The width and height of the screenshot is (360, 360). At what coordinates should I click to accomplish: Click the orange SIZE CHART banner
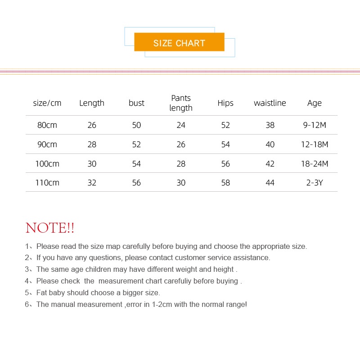179,42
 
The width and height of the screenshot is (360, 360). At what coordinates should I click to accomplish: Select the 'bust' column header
136,103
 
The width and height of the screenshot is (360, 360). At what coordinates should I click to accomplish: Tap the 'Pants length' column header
181,103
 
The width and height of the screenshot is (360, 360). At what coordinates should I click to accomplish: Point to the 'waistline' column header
270,103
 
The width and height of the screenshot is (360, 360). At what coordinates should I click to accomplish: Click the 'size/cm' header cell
47,103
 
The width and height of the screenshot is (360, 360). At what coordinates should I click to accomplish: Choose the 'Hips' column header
225,103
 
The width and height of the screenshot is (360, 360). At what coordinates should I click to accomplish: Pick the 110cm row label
47,183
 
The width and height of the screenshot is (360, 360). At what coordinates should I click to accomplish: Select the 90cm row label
47,144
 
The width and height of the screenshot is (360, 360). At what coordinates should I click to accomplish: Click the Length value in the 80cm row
92,125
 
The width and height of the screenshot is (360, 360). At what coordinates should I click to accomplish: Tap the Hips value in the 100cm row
225,164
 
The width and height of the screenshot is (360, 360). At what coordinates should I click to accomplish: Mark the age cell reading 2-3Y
315,183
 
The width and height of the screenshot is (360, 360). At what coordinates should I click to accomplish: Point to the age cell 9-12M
315,125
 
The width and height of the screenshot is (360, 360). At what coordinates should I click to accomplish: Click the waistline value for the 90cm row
270,144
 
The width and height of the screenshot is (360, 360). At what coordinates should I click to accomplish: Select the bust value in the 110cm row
136,183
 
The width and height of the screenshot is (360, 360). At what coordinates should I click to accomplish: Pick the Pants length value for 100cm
181,164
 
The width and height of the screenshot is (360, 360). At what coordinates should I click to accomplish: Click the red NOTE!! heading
50,228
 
